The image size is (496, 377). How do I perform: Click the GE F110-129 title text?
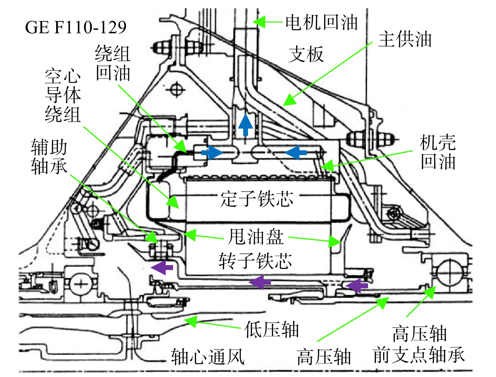tap(76, 28)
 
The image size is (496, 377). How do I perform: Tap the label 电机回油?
tap(322, 23)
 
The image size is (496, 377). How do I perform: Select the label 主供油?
tap(405, 39)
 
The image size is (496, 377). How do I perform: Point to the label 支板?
tap(306, 54)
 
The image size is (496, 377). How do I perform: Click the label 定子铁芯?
tap(257, 199)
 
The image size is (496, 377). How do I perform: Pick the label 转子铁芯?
tap(255, 261)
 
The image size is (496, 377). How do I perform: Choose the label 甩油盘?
tap(256, 237)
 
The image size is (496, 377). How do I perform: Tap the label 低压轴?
tap(272, 330)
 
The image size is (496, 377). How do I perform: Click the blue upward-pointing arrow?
tap(245, 125)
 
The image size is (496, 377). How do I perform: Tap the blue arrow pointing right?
tap(212, 153)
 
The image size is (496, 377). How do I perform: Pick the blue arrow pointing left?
tap(296, 153)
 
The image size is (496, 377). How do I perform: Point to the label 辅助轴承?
tap(49, 157)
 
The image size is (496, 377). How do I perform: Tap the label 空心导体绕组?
tap(63, 96)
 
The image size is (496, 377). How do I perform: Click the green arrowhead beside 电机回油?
tap(259, 22)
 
